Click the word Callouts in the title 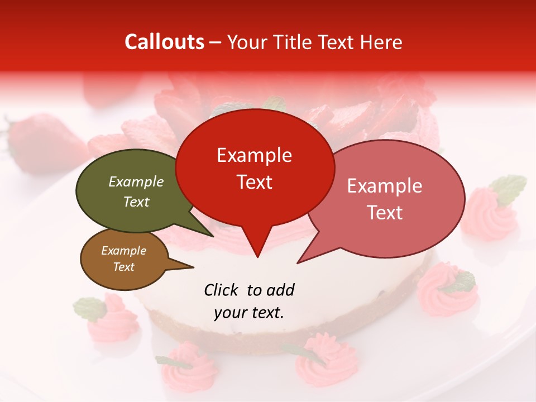[164, 42]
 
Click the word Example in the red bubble [255, 155]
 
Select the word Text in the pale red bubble [385, 213]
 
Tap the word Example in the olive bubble [136, 181]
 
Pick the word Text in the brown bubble [124, 267]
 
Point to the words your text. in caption [249, 313]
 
